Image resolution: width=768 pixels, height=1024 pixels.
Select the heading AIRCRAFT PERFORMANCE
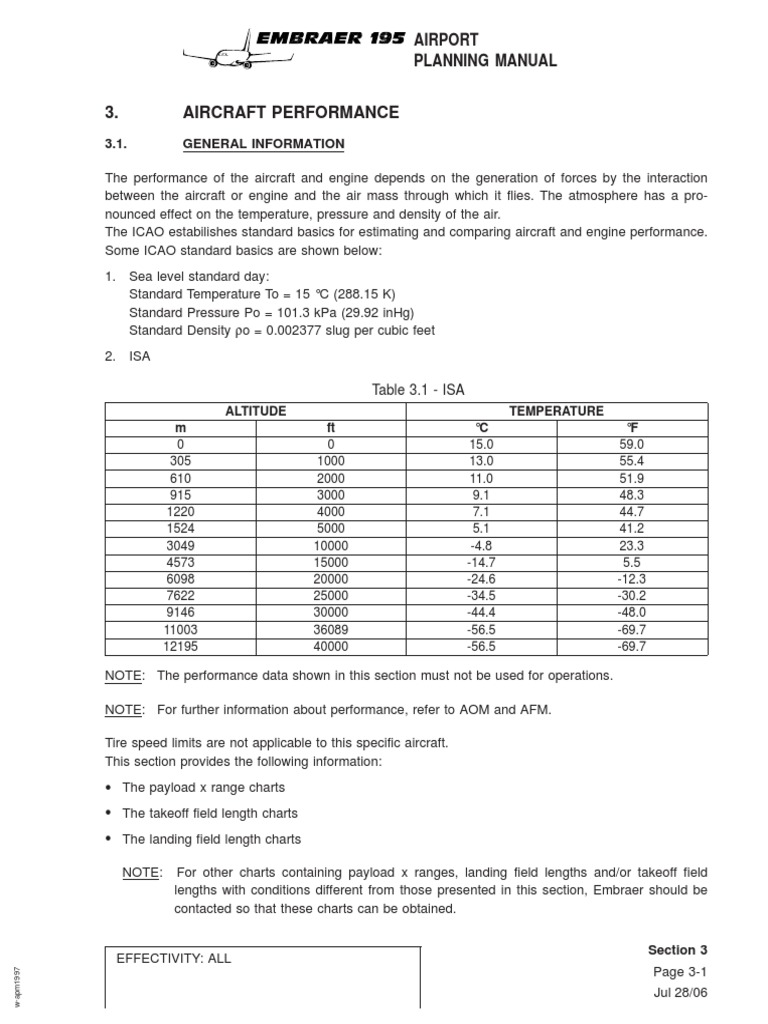pos(290,112)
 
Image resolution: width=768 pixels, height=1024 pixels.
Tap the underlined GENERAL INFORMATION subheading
pos(263,144)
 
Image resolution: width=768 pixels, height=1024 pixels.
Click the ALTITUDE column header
pos(256,411)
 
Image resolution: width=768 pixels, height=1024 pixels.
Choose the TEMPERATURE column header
pos(557,411)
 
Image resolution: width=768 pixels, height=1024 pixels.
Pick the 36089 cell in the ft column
pos(330,631)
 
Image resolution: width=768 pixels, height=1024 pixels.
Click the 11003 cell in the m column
pos(181,631)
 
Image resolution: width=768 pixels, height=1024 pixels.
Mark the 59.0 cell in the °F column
pos(632,444)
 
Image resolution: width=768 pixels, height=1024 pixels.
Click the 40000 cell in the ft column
pos(330,647)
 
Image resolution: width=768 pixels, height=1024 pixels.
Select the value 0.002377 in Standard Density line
pos(302,331)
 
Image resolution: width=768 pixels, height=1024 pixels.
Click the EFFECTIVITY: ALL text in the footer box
pos(174,958)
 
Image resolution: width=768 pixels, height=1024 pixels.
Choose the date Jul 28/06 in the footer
pos(680,992)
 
